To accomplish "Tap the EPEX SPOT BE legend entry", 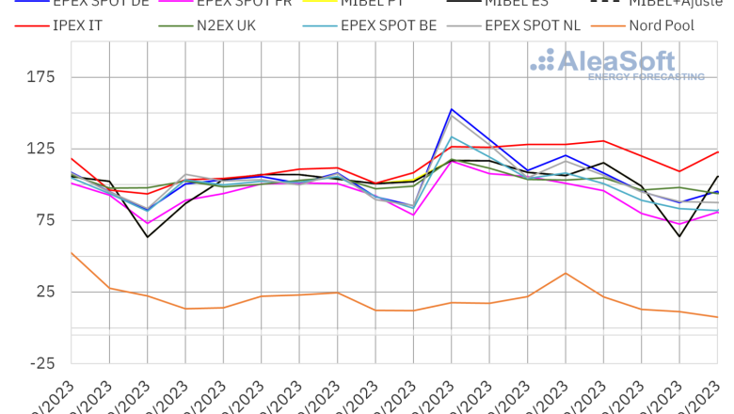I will pyautogui.click(x=389, y=25).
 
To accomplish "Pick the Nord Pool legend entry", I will pyautogui.click(x=662, y=25).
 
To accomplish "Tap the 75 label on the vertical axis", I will pyautogui.click(x=47, y=220).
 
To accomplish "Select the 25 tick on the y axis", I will pyautogui.click(x=47, y=292).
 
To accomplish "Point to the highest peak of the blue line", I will pyautogui.click(x=453, y=109).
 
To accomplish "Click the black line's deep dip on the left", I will pyautogui.click(x=148, y=237).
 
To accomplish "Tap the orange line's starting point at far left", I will pyautogui.click(x=72, y=252).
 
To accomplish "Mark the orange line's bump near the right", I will pyautogui.click(x=566, y=273).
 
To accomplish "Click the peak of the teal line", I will pyautogui.click(x=453, y=136).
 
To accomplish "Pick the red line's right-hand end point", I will pyautogui.click(x=719, y=151).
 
